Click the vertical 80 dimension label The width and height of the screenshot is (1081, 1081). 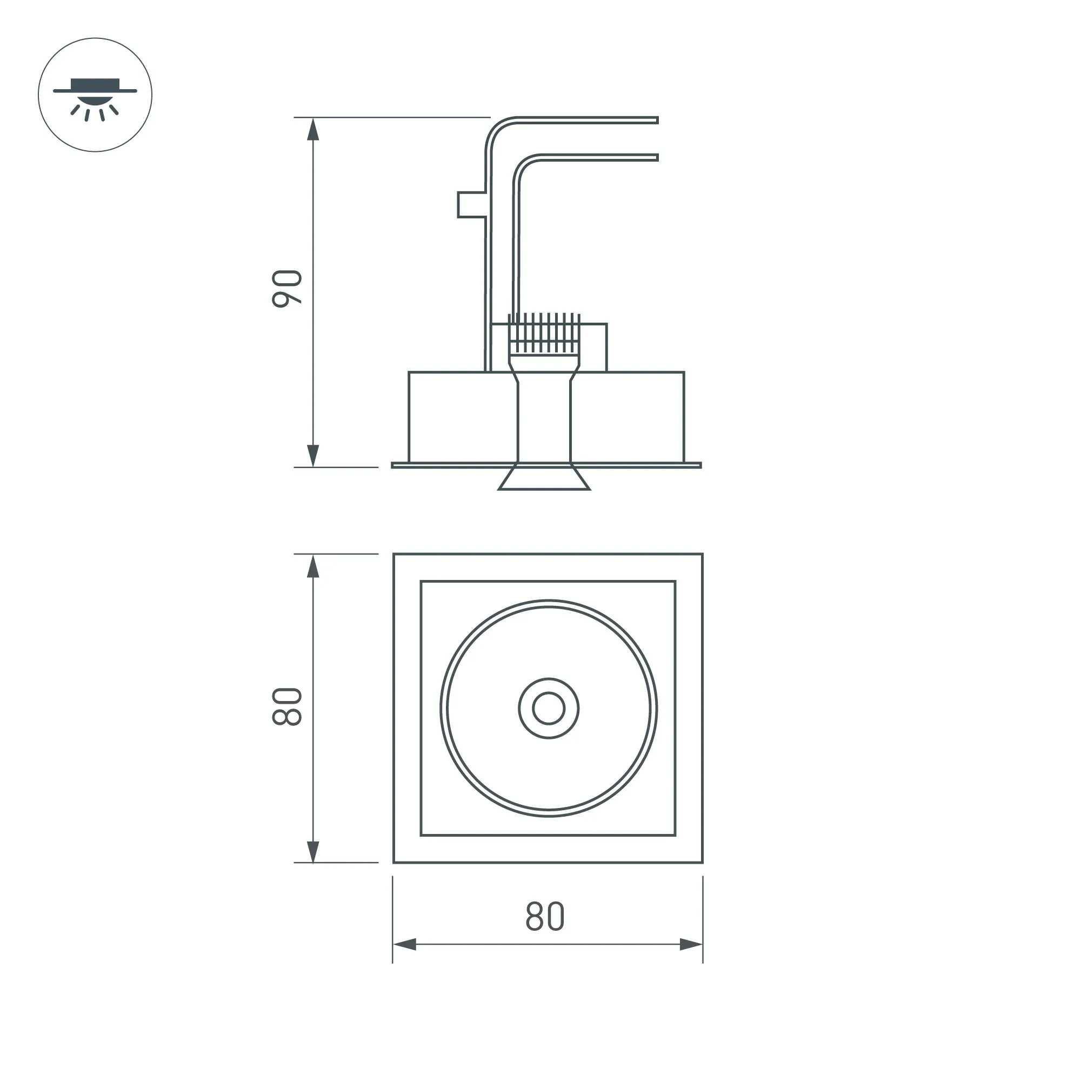pos(287,706)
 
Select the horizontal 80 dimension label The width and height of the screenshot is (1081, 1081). pos(545,917)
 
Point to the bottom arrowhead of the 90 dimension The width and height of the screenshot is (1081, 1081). pos(313,456)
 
